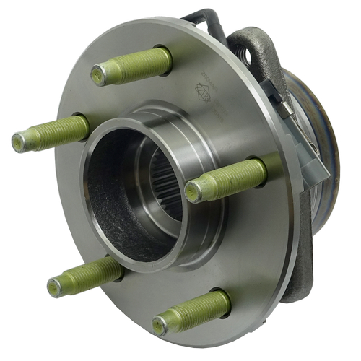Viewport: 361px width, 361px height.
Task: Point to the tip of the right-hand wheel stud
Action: point(193,191)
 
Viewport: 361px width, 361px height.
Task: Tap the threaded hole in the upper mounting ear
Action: point(253,53)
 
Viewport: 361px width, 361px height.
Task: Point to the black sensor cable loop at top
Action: point(199,16)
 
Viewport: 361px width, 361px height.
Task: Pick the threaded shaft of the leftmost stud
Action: point(58,133)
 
